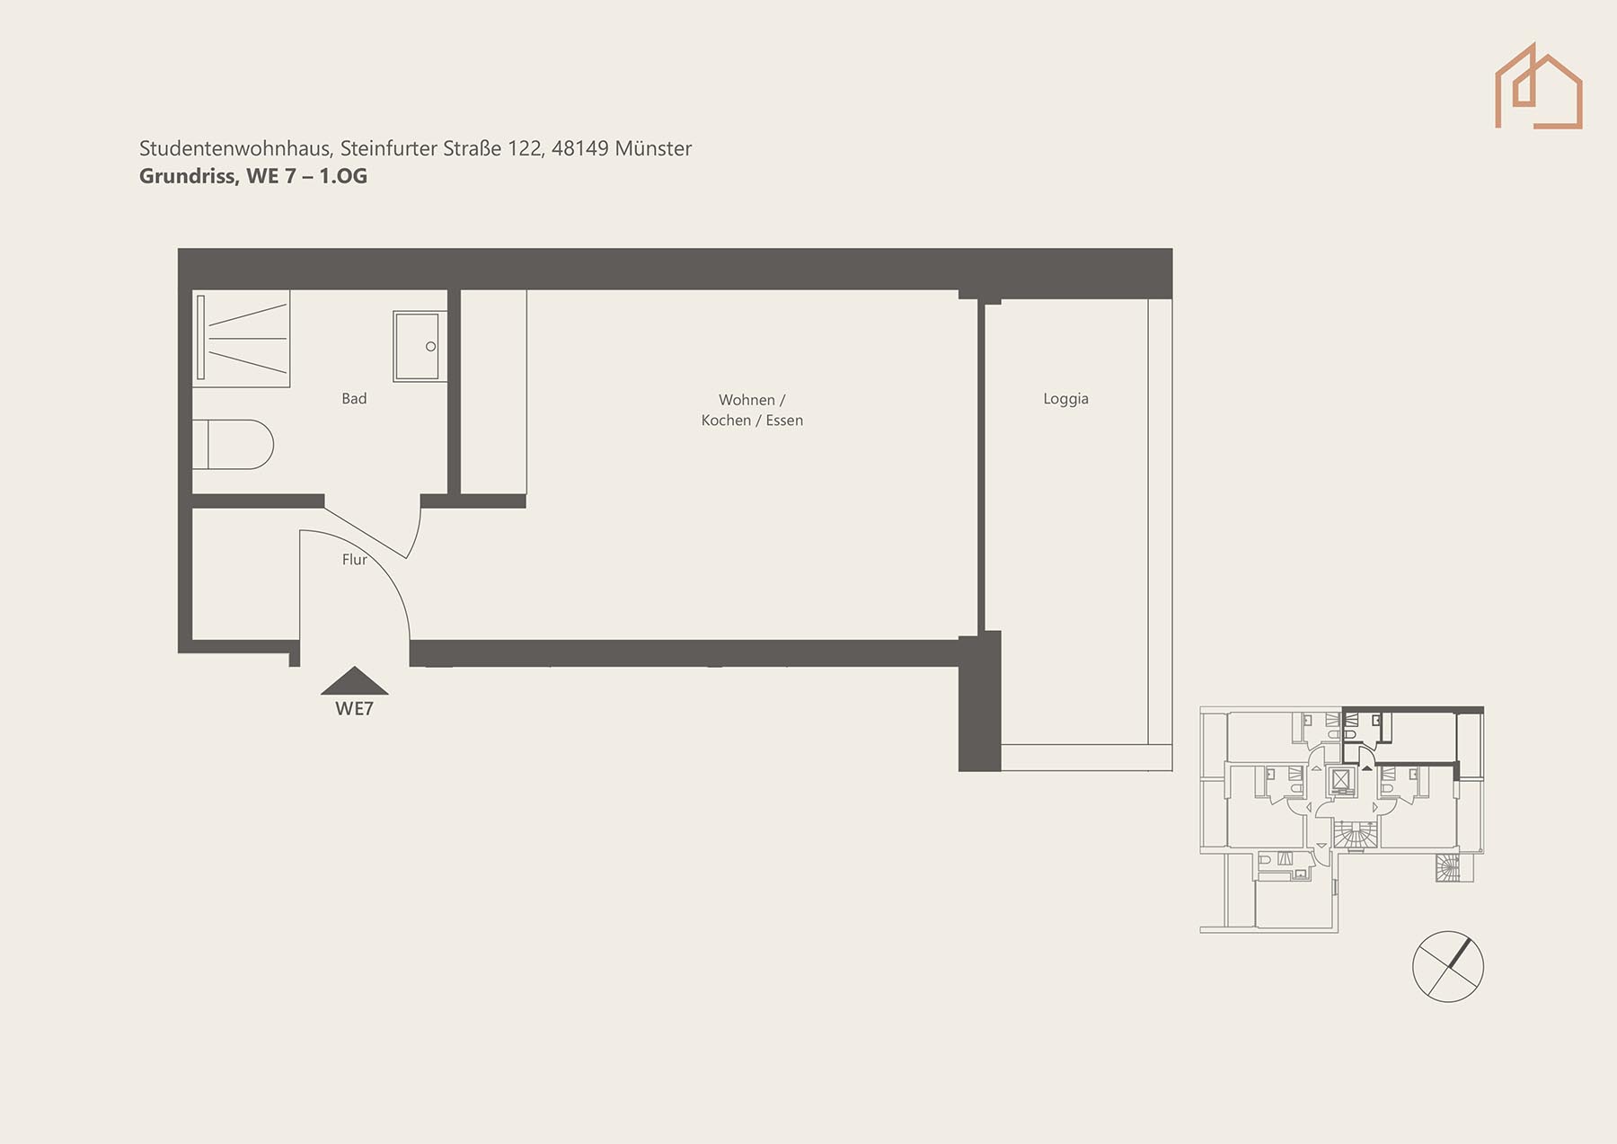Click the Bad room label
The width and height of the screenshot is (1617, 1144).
pos(354,398)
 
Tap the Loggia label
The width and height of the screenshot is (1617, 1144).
pos(1065,399)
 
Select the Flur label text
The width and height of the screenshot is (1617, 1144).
pos(354,559)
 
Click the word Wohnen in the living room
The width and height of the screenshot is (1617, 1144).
pos(746,400)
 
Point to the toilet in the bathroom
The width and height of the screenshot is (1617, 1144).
pos(233,444)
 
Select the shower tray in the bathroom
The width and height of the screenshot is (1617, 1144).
pos(241,338)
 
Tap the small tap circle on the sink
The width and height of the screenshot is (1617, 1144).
pos(430,347)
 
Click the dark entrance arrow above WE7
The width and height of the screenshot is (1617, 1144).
pos(355,681)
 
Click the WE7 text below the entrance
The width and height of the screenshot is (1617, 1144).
pos(354,709)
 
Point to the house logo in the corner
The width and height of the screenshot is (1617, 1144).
pos(1538,86)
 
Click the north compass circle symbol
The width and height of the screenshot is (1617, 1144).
pos(1448,966)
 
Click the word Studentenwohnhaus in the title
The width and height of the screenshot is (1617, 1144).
pos(235,148)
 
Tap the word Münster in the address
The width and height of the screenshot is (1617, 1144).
pos(653,148)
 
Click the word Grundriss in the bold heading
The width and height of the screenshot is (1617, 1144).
pos(189,176)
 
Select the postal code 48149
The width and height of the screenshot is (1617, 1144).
pos(580,148)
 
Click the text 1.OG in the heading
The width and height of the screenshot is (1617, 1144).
pos(343,176)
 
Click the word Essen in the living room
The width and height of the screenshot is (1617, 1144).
pos(784,421)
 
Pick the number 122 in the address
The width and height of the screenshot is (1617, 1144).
pos(525,148)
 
